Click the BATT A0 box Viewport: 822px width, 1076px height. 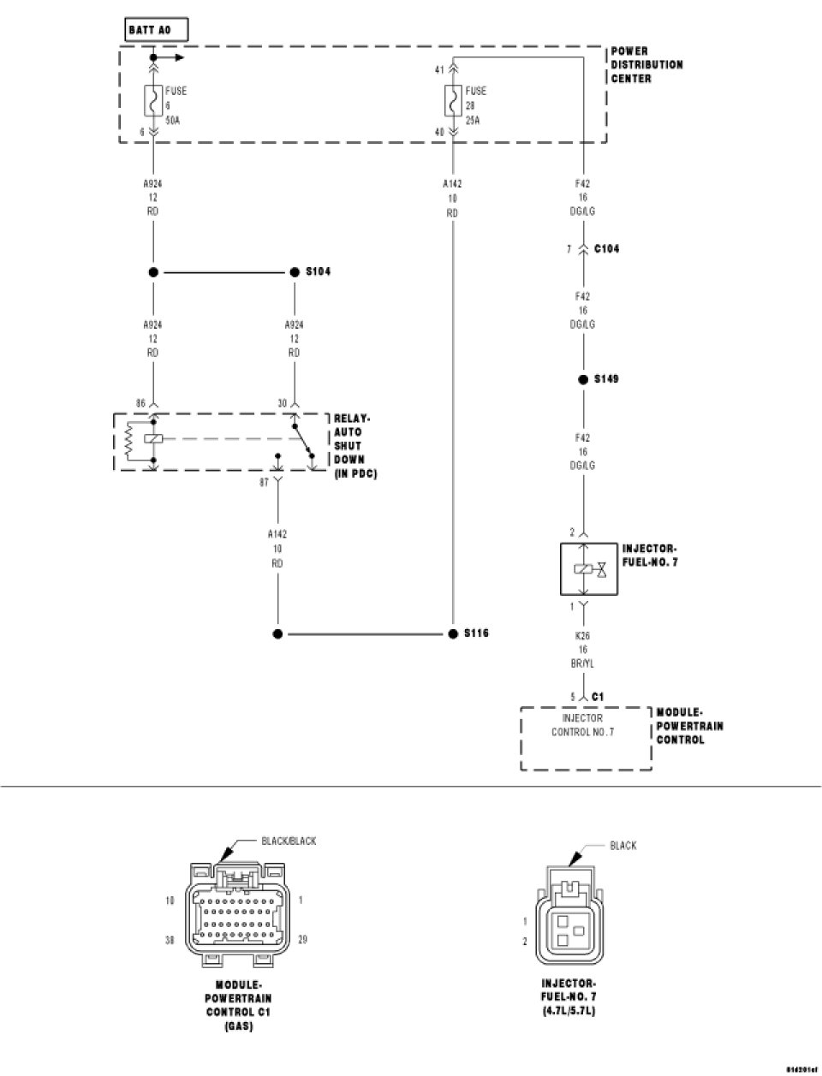coord(156,30)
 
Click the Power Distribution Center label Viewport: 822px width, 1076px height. coord(646,65)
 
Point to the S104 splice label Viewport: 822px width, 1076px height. coord(318,271)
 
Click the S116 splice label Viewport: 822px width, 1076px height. coord(475,633)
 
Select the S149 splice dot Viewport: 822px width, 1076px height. coord(582,379)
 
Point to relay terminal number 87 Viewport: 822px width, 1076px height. coord(265,482)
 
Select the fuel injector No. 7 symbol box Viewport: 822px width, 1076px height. coord(582,568)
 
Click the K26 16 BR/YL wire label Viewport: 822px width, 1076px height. coord(582,651)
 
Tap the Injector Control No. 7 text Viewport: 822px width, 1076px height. coord(582,725)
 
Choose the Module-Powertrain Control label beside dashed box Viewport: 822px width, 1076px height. coord(689,726)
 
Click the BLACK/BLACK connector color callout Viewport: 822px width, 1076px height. coord(289,841)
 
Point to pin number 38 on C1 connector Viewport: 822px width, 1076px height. coord(170,940)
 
